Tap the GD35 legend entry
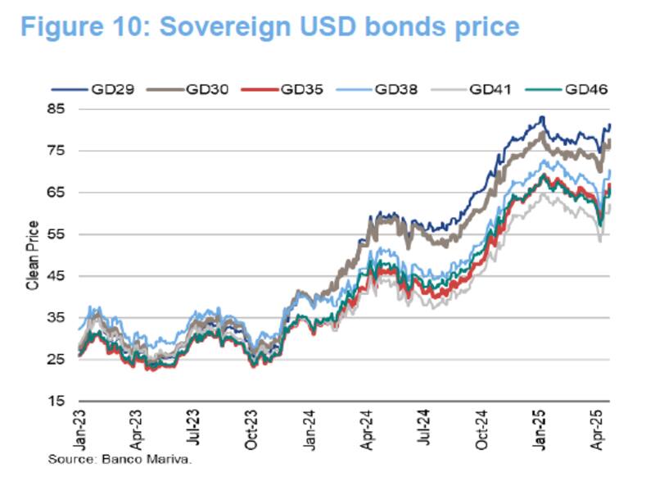pos(300,90)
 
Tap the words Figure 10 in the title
pos(82,26)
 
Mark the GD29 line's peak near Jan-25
pos(541,117)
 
